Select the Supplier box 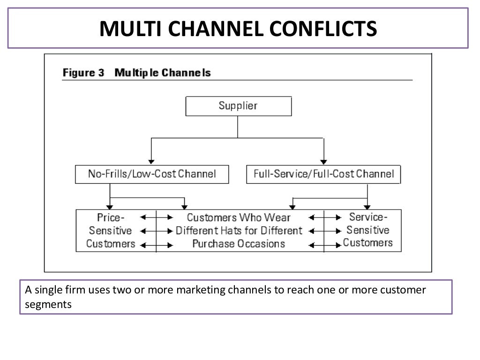coord(239,106)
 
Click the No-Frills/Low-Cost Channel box coord(152,174)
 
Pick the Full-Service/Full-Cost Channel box coord(323,174)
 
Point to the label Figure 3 coord(83,73)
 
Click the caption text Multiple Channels coord(163,73)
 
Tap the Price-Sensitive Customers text coord(111,231)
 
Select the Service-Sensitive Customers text coord(368,230)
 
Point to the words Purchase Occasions coord(239,244)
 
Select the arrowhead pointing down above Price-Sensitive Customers coord(110,206)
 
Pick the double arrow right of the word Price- coord(156,217)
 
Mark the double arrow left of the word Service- coord(324,217)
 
